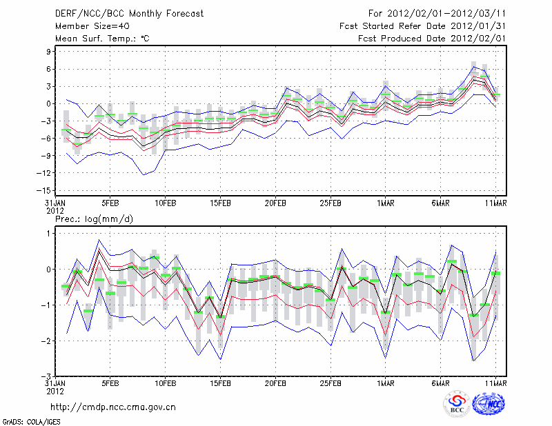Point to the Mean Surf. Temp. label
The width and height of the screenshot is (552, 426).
pyautogui.click(x=101, y=39)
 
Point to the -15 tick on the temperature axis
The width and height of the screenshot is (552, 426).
pyautogui.click(x=46, y=190)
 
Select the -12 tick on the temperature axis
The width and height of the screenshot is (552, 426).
pyautogui.click(x=46, y=173)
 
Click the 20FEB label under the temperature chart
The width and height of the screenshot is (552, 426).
pyautogui.click(x=275, y=203)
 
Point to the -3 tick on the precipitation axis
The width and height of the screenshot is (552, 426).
pyautogui.click(x=48, y=376)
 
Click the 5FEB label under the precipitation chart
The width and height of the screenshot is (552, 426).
pyautogui.click(x=110, y=383)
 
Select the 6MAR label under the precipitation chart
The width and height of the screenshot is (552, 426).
pyautogui.click(x=441, y=383)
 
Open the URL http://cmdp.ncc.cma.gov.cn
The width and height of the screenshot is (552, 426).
pyautogui.click(x=113, y=407)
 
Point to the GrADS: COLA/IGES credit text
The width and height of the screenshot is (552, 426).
pyautogui.click(x=31, y=421)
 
